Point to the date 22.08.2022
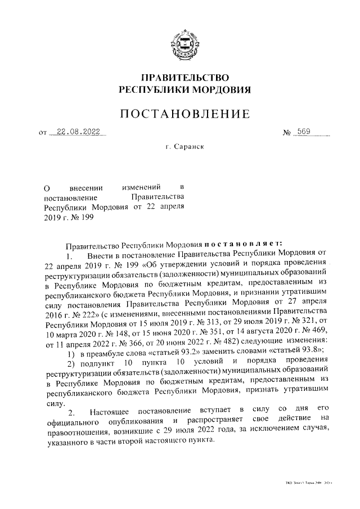pyautogui.click(x=78, y=133)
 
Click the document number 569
pyautogui.click(x=304, y=133)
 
